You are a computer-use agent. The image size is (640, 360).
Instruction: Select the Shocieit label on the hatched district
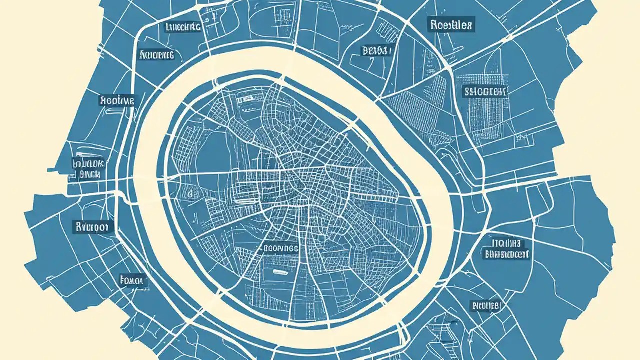pos(485,91)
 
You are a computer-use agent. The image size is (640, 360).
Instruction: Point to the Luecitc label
pos(183,27)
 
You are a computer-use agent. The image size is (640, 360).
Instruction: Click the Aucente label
pos(156,55)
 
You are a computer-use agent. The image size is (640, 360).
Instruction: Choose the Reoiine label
pos(117,100)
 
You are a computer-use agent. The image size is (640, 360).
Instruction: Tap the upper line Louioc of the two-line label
pos(89,163)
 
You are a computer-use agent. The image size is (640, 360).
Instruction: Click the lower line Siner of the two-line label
pos(90,174)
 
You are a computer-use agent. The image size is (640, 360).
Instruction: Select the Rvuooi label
pos(93,227)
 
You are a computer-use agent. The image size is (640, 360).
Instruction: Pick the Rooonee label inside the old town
pos(280,247)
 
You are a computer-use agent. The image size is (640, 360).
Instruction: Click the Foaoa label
pos(132,281)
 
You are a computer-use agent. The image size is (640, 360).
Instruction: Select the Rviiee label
pos(486,305)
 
